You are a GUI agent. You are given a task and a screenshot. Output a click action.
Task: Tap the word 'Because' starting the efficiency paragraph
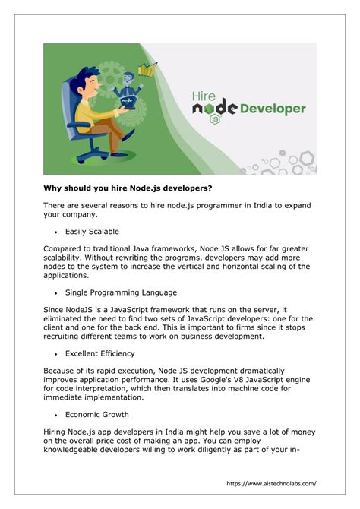tap(63, 371)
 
